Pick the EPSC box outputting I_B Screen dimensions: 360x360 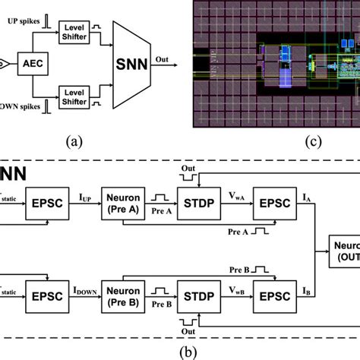pos(274,294)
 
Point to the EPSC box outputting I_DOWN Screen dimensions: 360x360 pos(50,294)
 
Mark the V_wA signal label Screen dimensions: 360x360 pos(235,196)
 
